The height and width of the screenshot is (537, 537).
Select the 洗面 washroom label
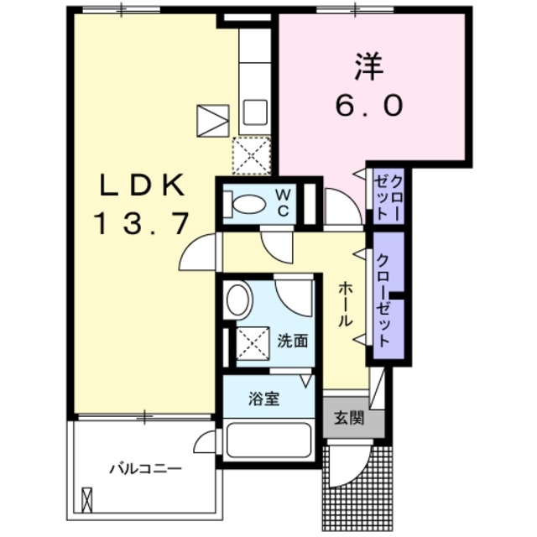(x=293, y=341)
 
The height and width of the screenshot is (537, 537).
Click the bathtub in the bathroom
(x=269, y=441)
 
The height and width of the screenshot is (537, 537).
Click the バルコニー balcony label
(x=145, y=468)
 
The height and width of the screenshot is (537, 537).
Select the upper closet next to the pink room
(x=388, y=196)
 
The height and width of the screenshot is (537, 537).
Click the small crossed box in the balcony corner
(x=87, y=499)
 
